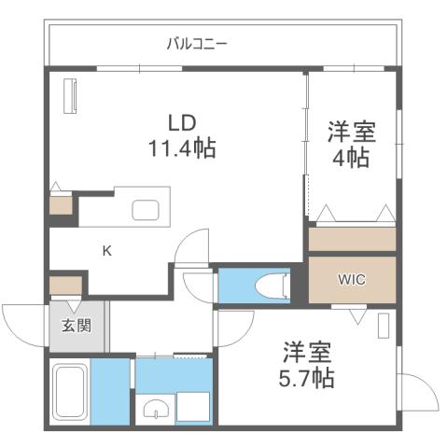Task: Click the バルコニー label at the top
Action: click(196, 43)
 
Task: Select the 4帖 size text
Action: click(352, 157)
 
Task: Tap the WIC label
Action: click(351, 277)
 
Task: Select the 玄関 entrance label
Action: click(76, 325)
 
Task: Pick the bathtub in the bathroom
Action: click(70, 391)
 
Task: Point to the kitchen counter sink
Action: click(147, 209)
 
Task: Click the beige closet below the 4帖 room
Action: click(352, 239)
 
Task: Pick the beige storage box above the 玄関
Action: click(66, 285)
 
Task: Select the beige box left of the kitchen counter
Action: click(61, 204)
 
